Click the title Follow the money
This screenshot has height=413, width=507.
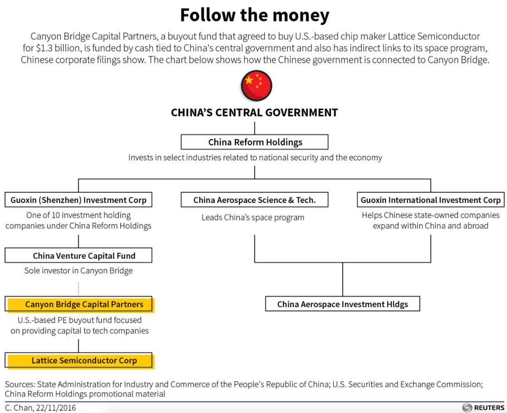pyautogui.click(x=255, y=15)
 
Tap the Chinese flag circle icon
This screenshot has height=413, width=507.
pyautogui.click(x=256, y=86)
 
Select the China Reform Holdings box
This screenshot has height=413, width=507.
pyautogui.click(x=255, y=142)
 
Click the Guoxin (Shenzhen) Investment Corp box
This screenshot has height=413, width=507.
pyautogui.click(x=78, y=200)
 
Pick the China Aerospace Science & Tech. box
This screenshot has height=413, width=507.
pyautogui.click(x=255, y=200)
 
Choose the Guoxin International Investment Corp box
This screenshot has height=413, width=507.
pyautogui.click(x=431, y=200)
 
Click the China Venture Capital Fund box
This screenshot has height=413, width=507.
pyautogui.click(x=78, y=255)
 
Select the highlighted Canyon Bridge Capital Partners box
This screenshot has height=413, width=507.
pyautogui.click(x=79, y=304)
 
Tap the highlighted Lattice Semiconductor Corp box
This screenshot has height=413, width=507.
pyautogui.click(x=79, y=361)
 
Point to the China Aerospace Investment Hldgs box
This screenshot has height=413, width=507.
pyautogui.click(x=343, y=304)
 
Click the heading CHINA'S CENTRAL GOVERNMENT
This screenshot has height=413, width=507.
pyautogui.click(x=255, y=113)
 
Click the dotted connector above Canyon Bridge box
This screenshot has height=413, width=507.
pyautogui.click(x=79, y=289)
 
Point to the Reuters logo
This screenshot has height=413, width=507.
pyautogui.click(x=483, y=408)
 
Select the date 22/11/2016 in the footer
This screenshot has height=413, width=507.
pyautogui.click(x=56, y=408)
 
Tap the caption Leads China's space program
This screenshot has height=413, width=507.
pyautogui.click(x=253, y=218)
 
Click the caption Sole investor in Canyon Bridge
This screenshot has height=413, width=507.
pyautogui.click(x=79, y=271)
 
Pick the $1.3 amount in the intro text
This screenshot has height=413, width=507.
pyautogui.click(x=44, y=48)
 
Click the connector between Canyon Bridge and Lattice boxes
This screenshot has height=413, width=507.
pyautogui.click(x=79, y=346)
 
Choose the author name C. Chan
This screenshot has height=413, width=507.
pyautogui.click(x=19, y=408)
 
